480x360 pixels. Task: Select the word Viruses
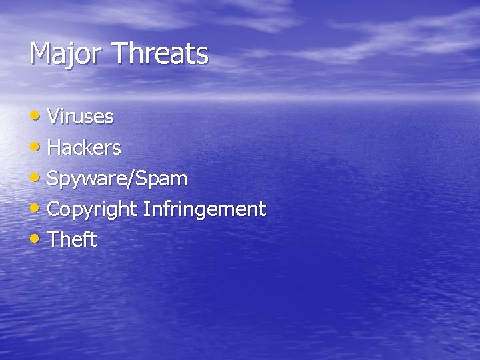click(81, 117)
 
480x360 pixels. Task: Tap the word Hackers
click(84, 147)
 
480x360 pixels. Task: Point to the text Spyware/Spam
click(117, 179)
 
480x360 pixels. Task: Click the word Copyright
click(93, 209)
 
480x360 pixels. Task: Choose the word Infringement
click(204, 209)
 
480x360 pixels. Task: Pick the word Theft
click(73, 239)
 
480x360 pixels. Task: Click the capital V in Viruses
click(54, 117)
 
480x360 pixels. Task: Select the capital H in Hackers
click(55, 147)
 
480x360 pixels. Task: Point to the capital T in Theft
click(54, 239)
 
